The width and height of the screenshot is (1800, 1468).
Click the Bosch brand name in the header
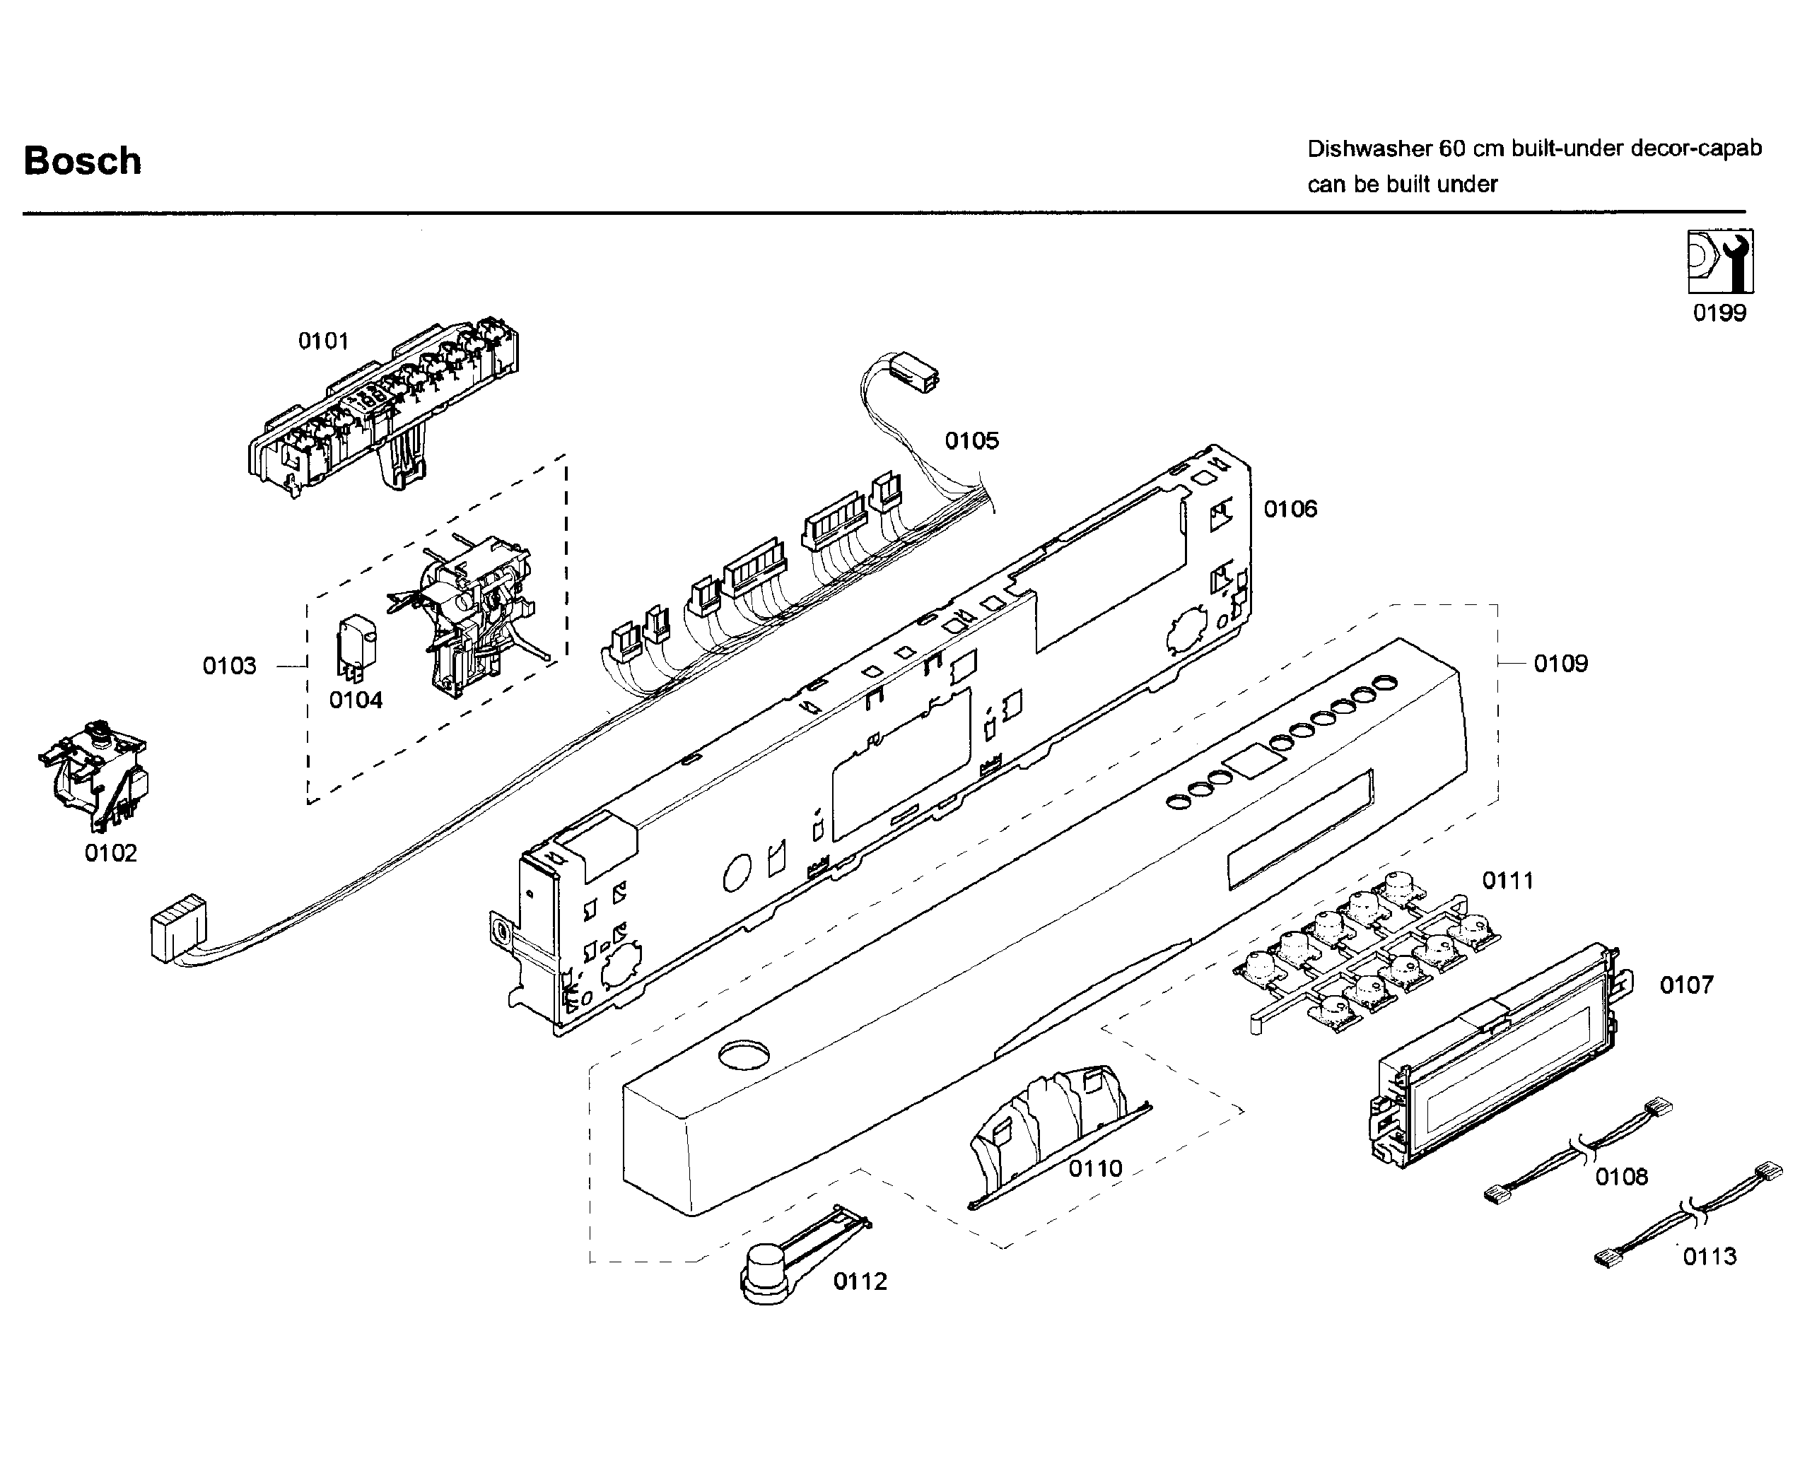click(82, 160)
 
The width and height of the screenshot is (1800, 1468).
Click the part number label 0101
click(323, 341)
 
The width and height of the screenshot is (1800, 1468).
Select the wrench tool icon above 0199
click(1719, 262)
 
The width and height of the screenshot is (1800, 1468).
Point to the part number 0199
click(1719, 313)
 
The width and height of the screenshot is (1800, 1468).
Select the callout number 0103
click(229, 667)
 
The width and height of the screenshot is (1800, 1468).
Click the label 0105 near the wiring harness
click(972, 440)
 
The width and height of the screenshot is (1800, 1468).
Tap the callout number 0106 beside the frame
click(1290, 509)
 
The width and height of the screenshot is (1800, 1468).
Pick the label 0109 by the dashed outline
click(1560, 664)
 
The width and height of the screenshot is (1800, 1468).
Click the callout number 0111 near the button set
click(1508, 881)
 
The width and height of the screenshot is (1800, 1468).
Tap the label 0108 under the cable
click(1622, 1177)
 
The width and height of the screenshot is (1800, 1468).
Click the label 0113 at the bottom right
click(1710, 1257)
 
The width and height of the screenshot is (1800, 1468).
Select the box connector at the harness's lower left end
click(177, 929)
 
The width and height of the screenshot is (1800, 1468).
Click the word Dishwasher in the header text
click(1369, 149)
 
